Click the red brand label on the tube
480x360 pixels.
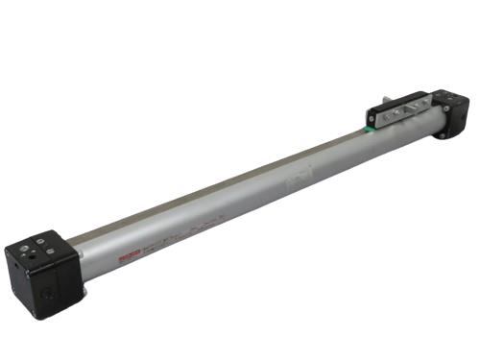[x=127, y=256]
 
